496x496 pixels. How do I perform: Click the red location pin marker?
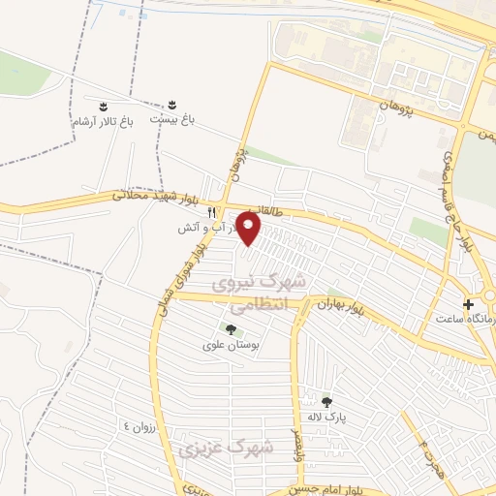point(250,229)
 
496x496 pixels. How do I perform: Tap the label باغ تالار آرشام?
point(102,123)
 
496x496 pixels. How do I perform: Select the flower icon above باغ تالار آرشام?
point(102,102)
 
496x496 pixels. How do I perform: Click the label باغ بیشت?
point(171,118)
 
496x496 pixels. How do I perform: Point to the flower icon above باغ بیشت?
point(171,102)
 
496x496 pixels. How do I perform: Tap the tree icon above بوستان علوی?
point(230,329)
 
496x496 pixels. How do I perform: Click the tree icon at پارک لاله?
point(326,401)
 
